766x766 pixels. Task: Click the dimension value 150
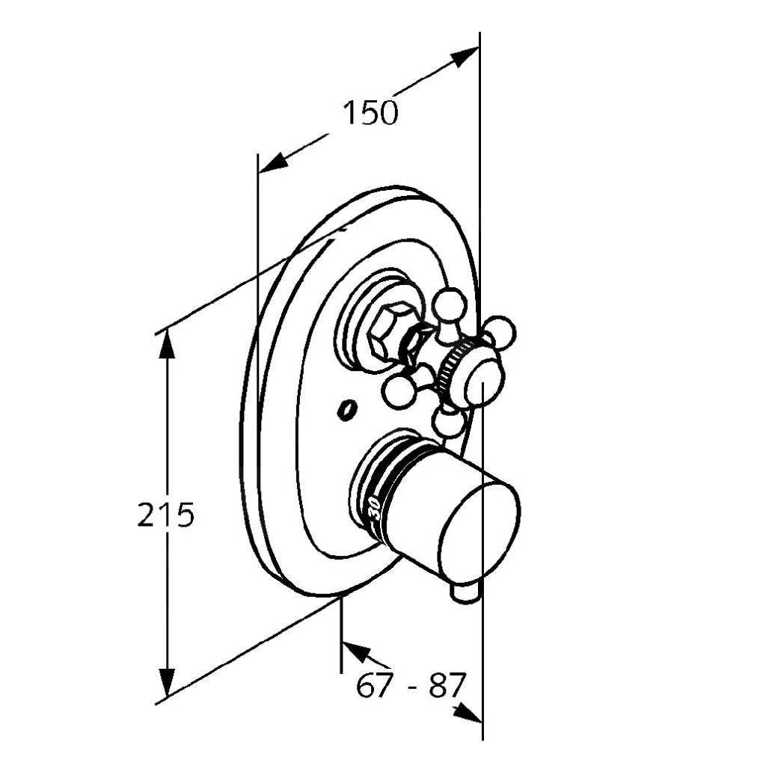pos(370,114)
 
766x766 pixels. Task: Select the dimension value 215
pos(165,514)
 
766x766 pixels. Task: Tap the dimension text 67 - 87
pos(409,685)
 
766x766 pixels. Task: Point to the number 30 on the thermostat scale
pos(376,509)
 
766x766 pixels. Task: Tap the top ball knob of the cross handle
pos(450,304)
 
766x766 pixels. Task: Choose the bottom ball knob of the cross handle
pos(447,421)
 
